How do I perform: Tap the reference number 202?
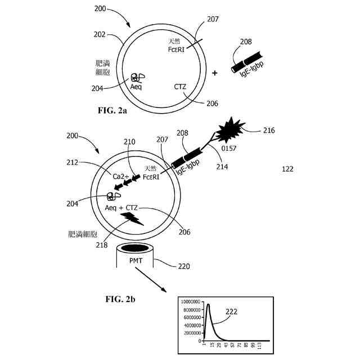click(x=99, y=34)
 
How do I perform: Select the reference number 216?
click(x=269, y=130)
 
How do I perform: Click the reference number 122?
click(x=287, y=169)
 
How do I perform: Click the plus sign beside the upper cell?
click(x=214, y=73)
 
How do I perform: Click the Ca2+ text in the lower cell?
click(x=121, y=177)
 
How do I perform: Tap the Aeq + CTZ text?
click(x=122, y=208)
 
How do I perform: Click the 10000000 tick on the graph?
click(x=192, y=301)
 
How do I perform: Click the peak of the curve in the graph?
click(x=208, y=305)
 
